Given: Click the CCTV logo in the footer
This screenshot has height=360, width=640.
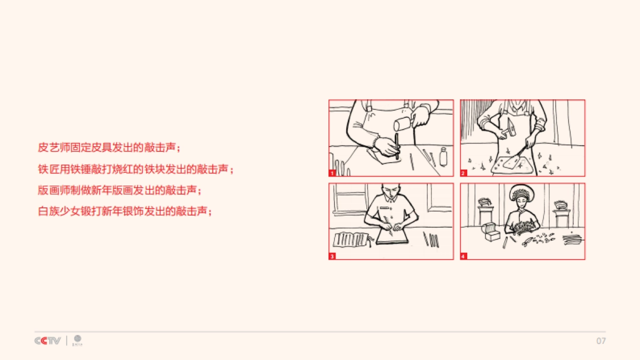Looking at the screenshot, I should point(48,341).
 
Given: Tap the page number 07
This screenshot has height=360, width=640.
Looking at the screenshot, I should point(601,341).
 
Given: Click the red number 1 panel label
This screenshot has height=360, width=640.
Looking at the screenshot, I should point(332,173).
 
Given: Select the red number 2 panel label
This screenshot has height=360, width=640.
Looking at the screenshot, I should point(463,173).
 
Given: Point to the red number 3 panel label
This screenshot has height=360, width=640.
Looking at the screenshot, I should point(332,257).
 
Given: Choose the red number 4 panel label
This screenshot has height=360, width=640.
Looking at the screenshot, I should point(463,257).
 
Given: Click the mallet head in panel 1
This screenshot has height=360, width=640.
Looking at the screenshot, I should point(401,125).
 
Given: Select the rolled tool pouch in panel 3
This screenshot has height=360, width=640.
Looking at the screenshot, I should point(350,239).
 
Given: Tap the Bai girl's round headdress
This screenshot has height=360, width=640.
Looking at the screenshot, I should point(519,194).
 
